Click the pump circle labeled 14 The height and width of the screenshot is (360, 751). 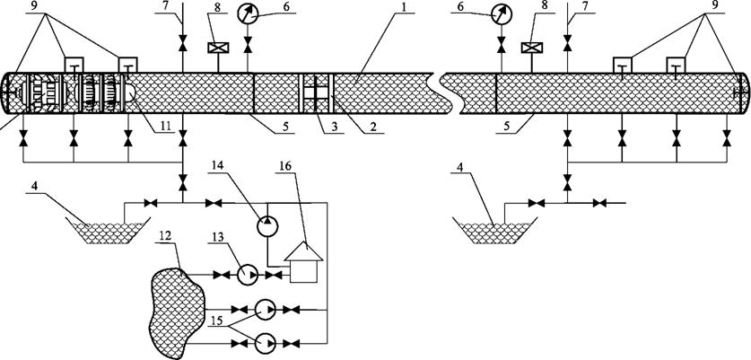[267, 225]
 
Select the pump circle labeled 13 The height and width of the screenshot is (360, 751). [248, 275]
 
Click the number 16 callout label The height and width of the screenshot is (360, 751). [293, 166]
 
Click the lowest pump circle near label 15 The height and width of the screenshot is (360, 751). [265, 343]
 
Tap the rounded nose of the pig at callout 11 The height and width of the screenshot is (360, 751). [129, 93]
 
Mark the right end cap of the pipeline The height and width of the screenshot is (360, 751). [743, 93]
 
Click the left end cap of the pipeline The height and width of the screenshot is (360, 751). [5, 93]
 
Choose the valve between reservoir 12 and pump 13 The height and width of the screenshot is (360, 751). [222, 275]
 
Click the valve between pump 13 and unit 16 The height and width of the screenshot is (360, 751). [274, 275]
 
